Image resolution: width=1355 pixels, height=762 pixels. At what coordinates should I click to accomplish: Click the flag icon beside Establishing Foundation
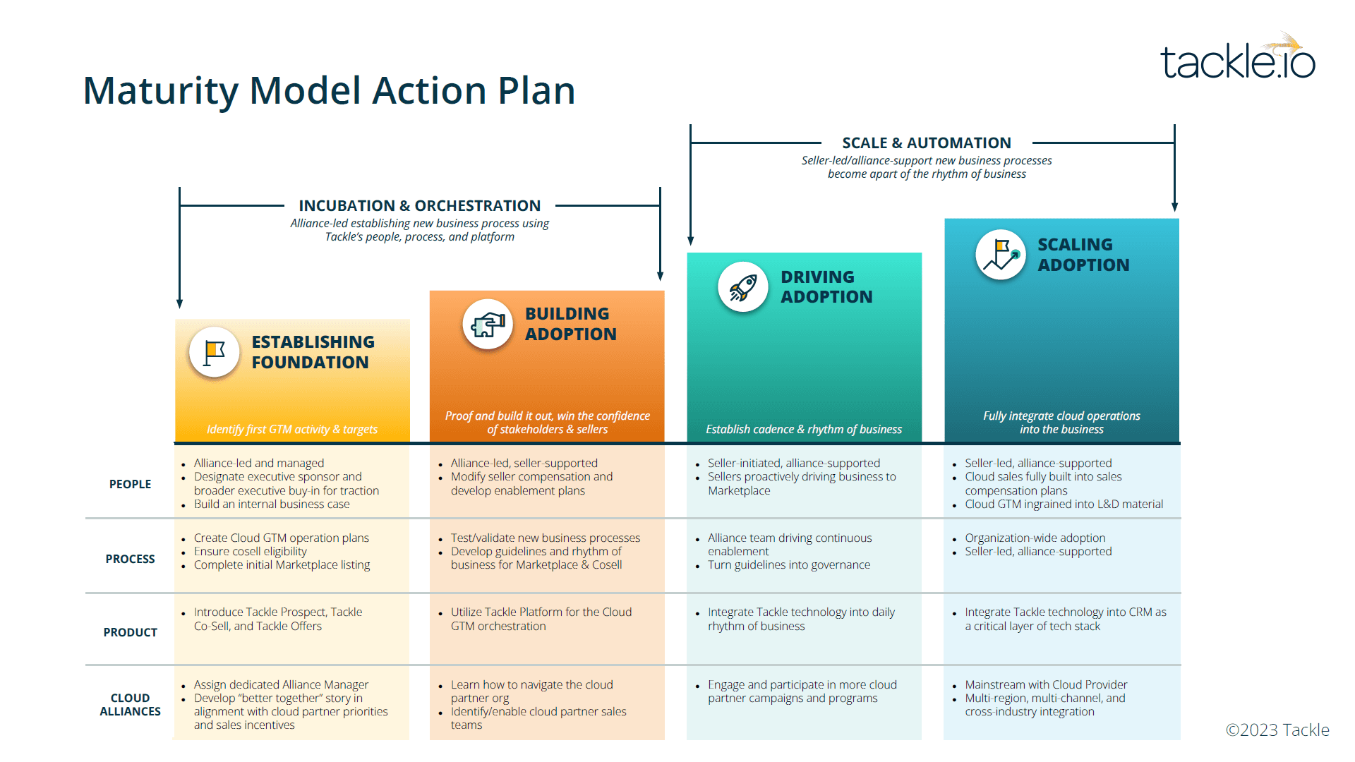214,352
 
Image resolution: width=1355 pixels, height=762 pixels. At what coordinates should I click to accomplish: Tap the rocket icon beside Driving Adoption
742,287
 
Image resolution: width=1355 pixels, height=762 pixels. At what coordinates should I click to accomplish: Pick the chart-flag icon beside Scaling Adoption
1001,255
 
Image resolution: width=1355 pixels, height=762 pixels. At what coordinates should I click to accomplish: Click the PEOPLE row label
130,484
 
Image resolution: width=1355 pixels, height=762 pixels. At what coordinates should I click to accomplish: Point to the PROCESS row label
130,559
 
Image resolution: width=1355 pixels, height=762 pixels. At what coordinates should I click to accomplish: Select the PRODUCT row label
130,632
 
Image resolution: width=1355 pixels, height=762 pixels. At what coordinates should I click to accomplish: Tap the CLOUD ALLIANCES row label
130,704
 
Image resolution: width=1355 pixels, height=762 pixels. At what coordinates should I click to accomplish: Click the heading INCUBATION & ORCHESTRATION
419,205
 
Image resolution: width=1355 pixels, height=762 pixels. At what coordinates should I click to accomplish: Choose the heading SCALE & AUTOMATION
926,143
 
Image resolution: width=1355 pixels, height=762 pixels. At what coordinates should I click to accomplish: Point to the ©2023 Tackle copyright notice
1277,730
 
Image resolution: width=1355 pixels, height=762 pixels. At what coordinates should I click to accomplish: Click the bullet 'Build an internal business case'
272,504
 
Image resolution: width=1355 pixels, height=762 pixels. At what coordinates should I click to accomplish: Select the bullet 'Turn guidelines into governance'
789,564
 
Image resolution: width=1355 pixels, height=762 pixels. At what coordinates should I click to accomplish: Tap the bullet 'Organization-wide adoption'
1035,538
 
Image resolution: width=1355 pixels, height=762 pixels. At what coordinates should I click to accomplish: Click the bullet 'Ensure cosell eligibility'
251,551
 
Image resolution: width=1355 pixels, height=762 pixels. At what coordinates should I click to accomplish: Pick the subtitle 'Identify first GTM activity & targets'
292,429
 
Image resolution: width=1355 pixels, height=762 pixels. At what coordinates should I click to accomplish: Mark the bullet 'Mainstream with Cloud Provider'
1046,684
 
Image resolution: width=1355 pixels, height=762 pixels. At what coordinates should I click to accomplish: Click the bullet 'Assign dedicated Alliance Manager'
281,684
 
